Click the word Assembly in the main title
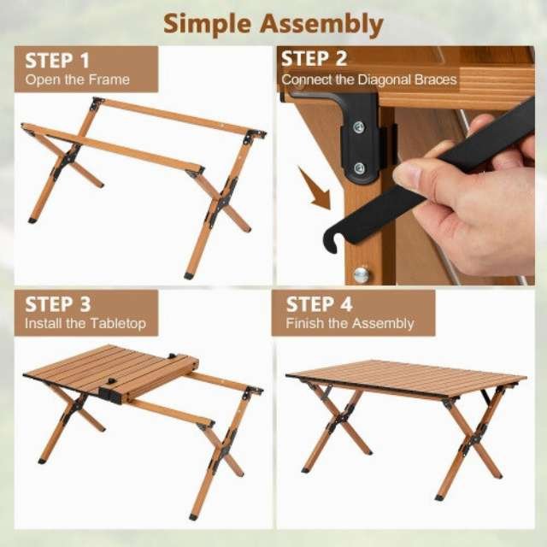321,25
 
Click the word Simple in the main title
207,24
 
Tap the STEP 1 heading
57,61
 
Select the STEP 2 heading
314,59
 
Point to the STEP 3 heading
58,304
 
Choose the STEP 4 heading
319,304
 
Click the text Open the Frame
78,79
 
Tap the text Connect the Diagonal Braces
369,79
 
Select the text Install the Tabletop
85,324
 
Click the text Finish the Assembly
350,324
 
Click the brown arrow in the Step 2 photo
315,188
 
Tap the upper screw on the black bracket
358,127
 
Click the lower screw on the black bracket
359,169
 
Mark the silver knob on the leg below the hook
362,275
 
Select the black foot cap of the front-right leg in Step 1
188,276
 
